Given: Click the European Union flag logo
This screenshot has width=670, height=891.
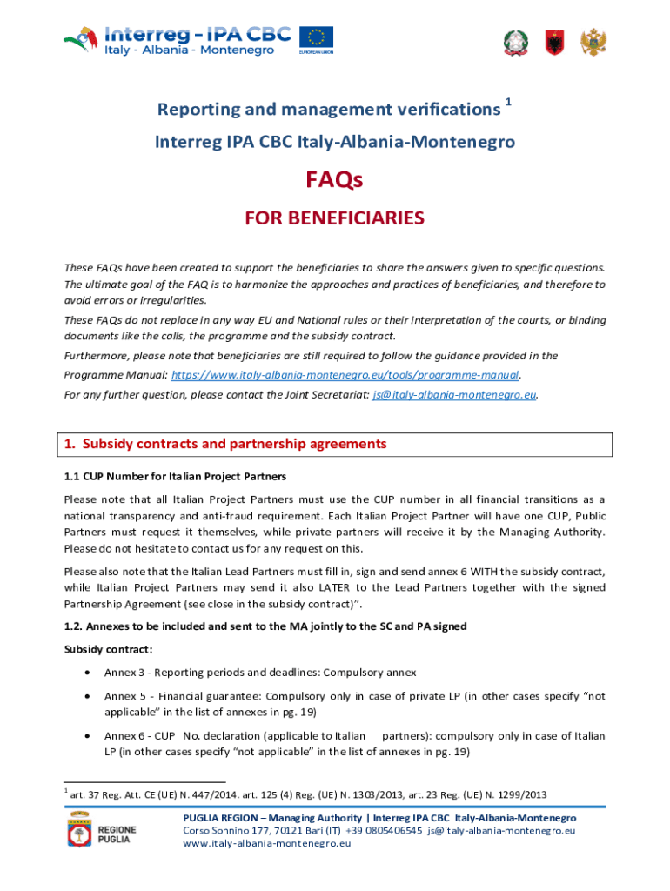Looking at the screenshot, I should [317, 37].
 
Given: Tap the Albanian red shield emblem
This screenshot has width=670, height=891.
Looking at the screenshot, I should [554, 42].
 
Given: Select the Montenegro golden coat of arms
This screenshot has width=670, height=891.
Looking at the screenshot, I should [593, 42].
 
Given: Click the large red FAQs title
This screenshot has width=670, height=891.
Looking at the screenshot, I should [334, 179].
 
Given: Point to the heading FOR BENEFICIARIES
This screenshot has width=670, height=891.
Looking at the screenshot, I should [334, 218].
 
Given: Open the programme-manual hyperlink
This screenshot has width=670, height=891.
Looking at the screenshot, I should [345, 374].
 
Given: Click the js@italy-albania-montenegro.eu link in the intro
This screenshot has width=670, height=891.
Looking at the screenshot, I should [453, 394].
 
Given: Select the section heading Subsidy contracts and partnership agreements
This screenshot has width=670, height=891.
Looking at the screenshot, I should [225, 444].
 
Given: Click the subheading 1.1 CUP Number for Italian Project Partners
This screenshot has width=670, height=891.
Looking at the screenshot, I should [175, 477].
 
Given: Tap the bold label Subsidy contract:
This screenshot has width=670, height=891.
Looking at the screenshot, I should [96, 649].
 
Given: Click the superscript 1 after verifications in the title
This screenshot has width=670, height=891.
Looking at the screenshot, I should [508, 103].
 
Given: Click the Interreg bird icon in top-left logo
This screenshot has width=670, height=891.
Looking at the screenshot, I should [81, 38].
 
